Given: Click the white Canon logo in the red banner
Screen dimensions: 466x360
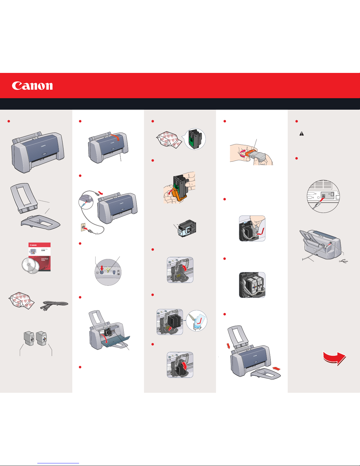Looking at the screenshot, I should click(32, 86).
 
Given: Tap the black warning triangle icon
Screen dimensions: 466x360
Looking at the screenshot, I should click(302, 133).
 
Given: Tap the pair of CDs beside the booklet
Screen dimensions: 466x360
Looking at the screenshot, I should click(31, 266).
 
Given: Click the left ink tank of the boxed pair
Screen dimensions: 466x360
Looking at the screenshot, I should click(29, 338).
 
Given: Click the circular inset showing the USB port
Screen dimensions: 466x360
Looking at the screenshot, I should click(323, 196).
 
